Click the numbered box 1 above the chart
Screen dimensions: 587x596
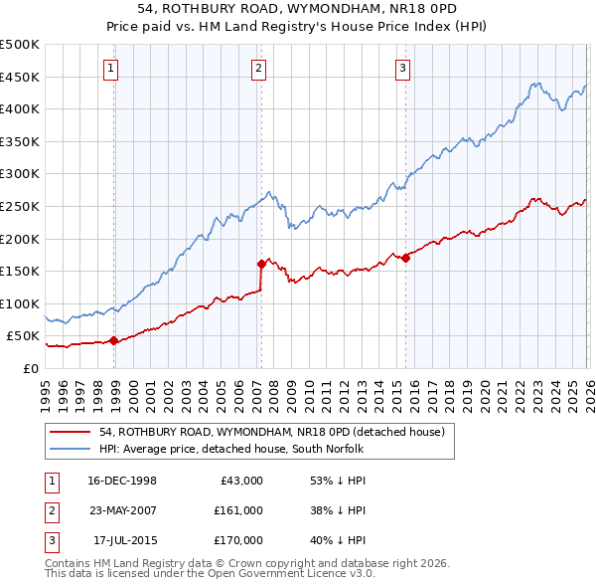[x=109, y=69]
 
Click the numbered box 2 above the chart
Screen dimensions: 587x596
[x=258, y=69]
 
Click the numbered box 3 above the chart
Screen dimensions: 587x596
[x=403, y=69]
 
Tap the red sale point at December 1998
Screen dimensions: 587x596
[x=114, y=340]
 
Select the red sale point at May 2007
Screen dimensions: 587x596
[x=261, y=264]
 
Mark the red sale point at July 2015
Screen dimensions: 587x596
[x=405, y=258]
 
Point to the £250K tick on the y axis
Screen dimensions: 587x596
[x=20, y=206]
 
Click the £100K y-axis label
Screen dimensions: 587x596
[x=20, y=303]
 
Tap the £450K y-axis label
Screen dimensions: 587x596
[x=20, y=77]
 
